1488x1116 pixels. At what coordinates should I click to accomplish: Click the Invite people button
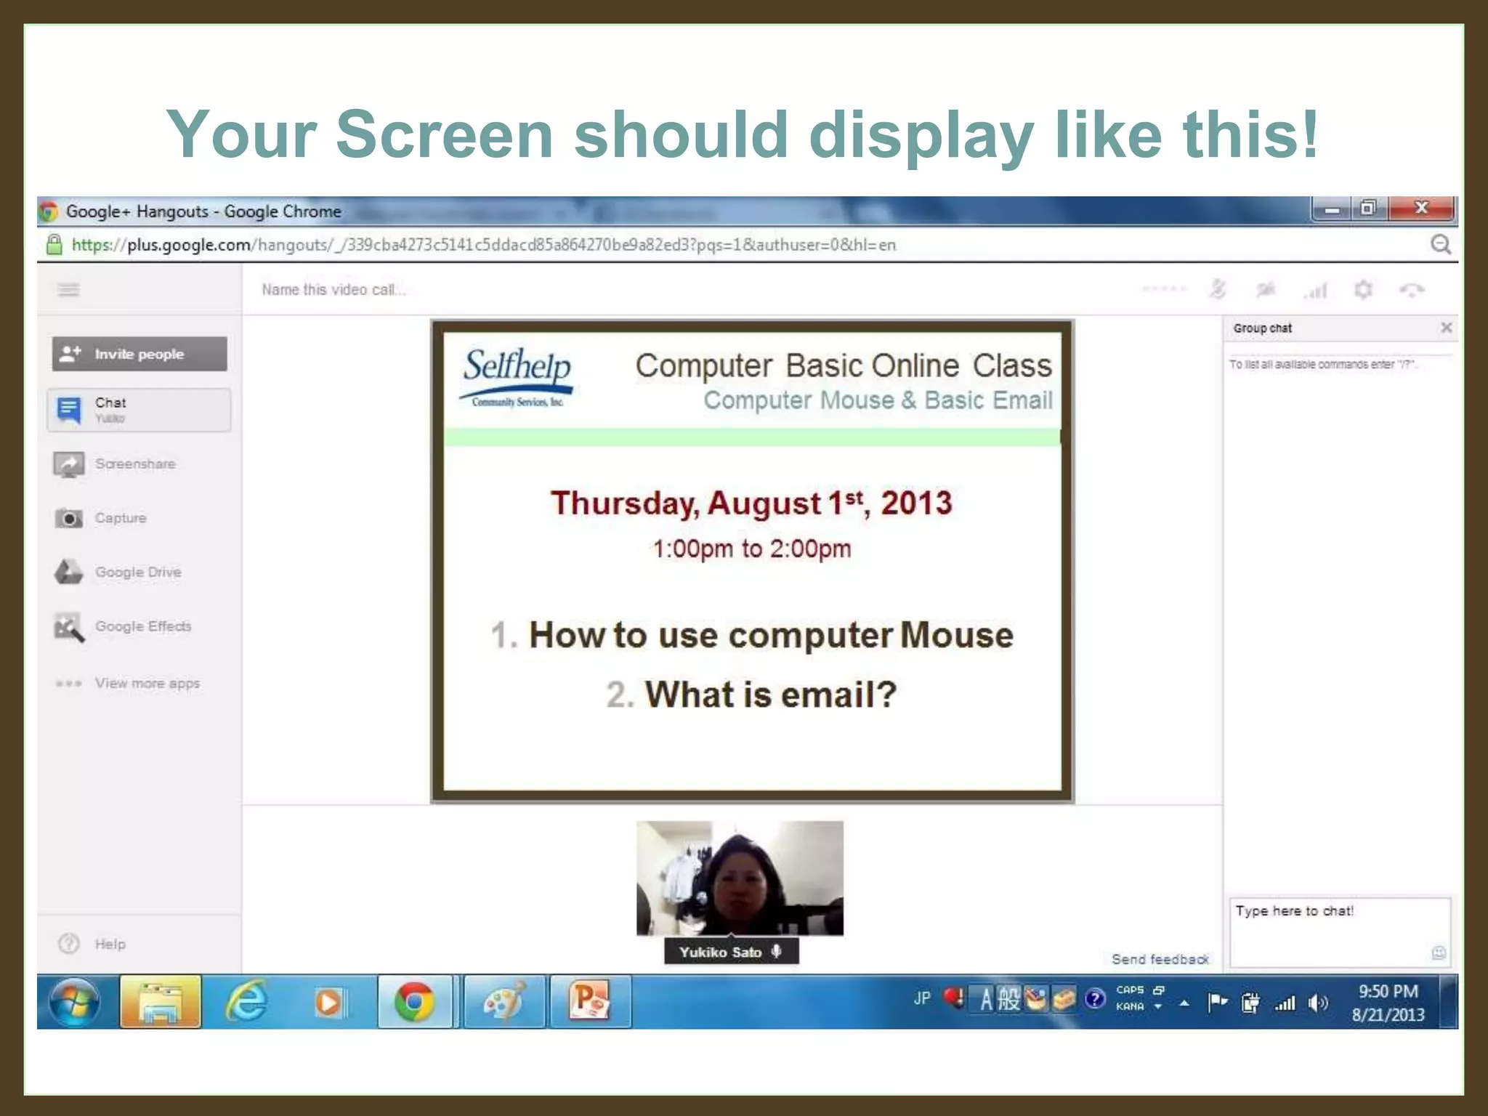coord(139,354)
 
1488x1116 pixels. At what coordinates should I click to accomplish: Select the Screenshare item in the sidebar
coord(134,464)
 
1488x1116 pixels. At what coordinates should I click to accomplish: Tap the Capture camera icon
coord(69,518)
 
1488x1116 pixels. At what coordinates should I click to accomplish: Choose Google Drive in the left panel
coord(137,572)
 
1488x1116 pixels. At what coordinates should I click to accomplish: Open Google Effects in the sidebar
coord(142,626)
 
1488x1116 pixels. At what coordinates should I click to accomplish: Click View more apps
coord(147,683)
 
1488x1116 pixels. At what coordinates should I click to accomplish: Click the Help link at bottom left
coord(110,944)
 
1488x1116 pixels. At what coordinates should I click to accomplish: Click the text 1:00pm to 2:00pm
coord(751,549)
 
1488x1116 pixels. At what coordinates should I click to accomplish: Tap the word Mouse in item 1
coord(956,635)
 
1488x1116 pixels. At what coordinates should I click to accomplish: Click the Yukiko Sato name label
coord(720,952)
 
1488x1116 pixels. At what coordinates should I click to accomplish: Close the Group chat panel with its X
coord(1446,328)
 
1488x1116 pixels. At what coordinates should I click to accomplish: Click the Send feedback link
coord(1160,959)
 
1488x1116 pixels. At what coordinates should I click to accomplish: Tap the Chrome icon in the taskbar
coord(414,1002)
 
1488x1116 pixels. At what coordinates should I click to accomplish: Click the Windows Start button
coord(74,1002)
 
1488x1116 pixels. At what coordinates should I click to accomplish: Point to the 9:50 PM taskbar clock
coord(1388,992)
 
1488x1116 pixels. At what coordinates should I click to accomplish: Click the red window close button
coord(1421,209)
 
